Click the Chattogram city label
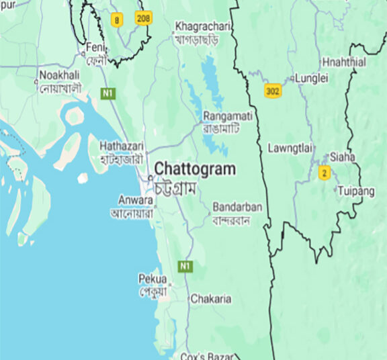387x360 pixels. [195, 169]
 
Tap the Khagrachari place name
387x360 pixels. [202, 27]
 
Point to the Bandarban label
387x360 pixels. [237, 207]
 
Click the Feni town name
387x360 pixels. [93, 48]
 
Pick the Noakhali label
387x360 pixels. [60, 75]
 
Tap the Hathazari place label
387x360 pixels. [121, 146]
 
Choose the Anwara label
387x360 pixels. [134, 199]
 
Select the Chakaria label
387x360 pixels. [211, 298]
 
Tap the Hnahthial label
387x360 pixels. [344, 62]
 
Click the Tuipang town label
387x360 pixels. [356, 191]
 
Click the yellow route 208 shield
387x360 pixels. [143, 17]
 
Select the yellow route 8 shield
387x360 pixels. [118, 20]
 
